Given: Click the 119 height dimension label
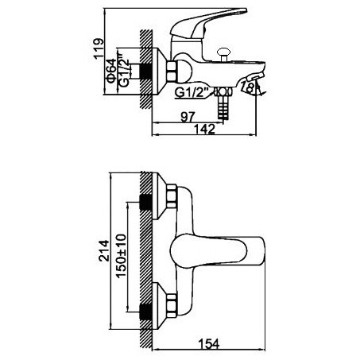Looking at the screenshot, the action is (99, 48).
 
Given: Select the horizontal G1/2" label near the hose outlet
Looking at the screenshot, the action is (192, 92).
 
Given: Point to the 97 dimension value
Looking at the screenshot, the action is (188, 117).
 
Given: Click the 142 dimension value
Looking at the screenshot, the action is (204, 130).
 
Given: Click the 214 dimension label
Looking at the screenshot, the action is (103, 251).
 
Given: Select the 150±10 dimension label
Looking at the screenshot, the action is (121, 255).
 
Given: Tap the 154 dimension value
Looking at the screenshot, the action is (209, 344).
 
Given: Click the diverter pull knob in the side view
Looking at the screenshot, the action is (223, 54).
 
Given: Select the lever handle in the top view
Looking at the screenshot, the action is (217, 251).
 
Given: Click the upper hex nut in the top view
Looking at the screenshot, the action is (171, 196).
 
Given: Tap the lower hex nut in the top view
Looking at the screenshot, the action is (171, 305).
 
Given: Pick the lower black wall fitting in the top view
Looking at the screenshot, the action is (145, 312).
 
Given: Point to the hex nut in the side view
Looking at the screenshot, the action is (171, 71).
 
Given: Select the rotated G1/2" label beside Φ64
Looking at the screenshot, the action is (124, 71).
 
